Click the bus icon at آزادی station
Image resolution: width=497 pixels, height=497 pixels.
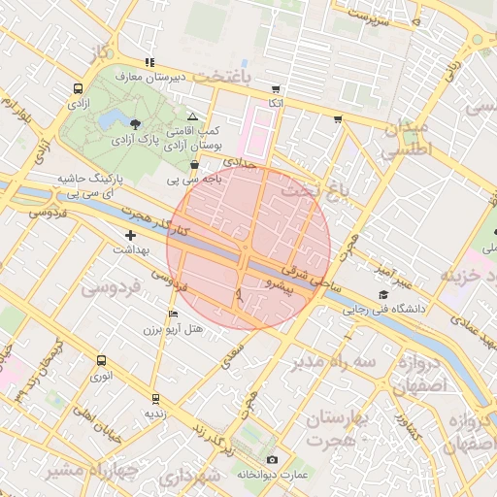point(77,88)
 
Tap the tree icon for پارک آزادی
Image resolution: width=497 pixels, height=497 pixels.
point(134,123)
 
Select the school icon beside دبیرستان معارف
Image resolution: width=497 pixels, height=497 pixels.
point(149,62)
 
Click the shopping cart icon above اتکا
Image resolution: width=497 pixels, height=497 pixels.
point(276,87)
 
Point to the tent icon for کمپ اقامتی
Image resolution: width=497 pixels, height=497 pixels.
point(192,116)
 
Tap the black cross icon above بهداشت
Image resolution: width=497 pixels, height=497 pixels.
point(131,236)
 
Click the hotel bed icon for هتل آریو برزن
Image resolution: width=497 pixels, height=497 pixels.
point(174,314)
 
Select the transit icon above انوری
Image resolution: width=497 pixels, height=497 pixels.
point(101,360)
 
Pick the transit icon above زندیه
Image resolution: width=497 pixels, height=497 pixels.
point(154,398)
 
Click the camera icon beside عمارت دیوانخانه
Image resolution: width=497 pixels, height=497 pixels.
point(271,459)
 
